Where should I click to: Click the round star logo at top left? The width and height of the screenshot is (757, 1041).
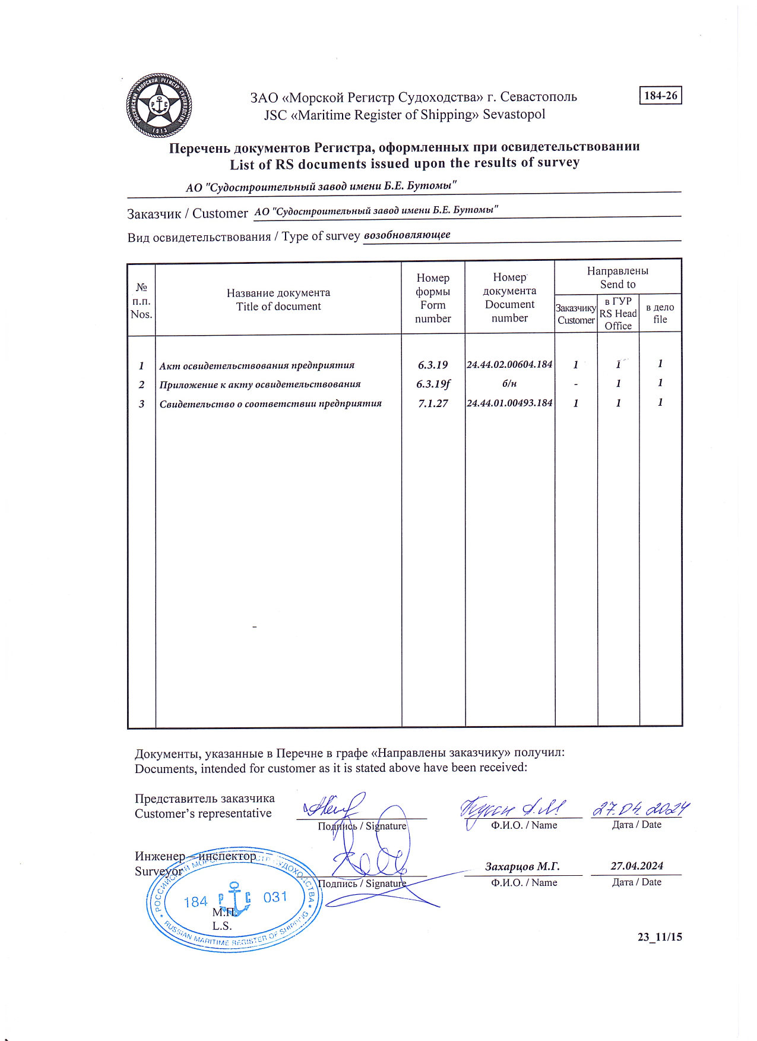coord(159,106)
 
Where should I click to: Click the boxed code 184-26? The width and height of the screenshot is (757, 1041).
coord(660,96)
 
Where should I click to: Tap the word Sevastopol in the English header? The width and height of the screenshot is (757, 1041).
coord(514,115)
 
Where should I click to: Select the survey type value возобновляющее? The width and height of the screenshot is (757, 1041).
coord(407,235)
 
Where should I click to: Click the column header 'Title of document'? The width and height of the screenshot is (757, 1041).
coord(278,307)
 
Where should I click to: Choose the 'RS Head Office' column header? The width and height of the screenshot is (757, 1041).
coord(618,313)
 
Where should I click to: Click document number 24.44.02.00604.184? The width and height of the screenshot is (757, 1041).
coord(509,364)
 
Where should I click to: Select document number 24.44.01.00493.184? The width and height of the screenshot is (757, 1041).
coord(509,403)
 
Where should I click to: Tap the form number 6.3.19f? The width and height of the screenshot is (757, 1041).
coord(433,384)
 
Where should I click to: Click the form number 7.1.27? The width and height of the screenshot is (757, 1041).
coord(433,403)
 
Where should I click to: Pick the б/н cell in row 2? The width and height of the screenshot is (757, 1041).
coord(509,384)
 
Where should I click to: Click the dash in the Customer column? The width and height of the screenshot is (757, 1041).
coord(575,384)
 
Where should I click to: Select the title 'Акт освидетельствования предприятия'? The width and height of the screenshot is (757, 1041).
coord(256,365)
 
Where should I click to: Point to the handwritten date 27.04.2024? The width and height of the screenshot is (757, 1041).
coord(641,809)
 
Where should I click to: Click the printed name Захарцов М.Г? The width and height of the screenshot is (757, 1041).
coord(522,866)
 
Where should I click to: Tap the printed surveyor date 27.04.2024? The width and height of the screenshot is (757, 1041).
coord(636,866)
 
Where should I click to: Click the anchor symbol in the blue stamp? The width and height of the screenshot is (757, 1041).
coord(235,899)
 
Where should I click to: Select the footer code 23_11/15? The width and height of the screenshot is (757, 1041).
coord(660,937)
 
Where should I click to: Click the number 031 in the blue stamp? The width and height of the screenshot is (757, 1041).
coord(275,897)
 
